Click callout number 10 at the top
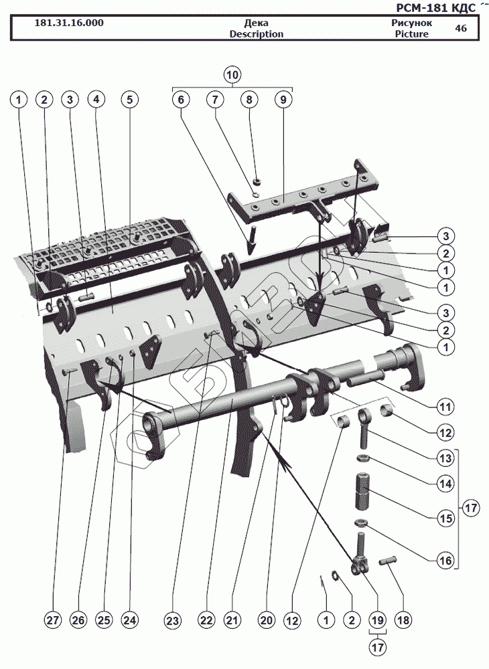pyautogui.click(x=232, y=74)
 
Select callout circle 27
pyautogui.click(x=53, y=621)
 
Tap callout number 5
pyautogui.click(x=129, y=99)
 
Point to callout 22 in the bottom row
pyautogui.click(x=206, y=621)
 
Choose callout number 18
pyautogui.click(x=402, y=620)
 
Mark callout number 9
pyautogui.click(x=283, y=99)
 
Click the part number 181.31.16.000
pyautogui.click(x=69, y=23)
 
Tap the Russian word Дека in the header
pyautogui.click(x=257, y=23)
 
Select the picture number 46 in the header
pyautogui.click(x=461, y=28)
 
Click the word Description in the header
pyautogui.click(x=257, y=34)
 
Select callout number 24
pyautogui.click(x=129, y=621)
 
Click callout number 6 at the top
pyautogui.click(x=180, y=99)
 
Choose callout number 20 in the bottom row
pyautogui.click(x=267, y=621)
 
